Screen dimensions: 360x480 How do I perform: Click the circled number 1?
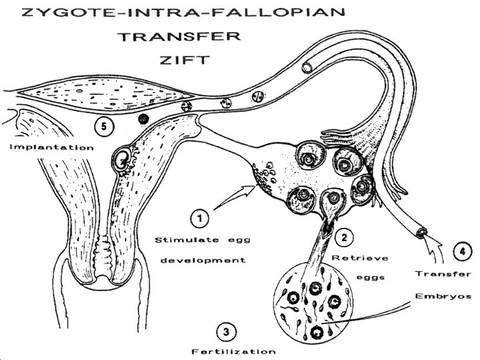(199, 217)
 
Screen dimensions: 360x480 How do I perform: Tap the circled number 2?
(343, 235)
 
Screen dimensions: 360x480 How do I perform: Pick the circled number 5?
(103, 124)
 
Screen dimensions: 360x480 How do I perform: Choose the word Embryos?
(444, 295)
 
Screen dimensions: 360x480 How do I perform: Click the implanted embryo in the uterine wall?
(123, 159)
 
